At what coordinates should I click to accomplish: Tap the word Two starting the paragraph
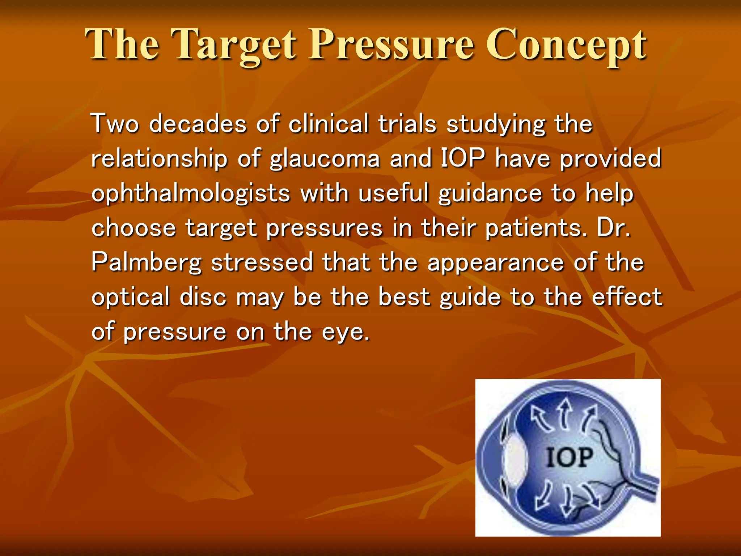pos(115,124)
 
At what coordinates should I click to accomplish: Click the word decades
pos(198,124)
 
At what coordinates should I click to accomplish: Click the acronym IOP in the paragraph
pos(463,159)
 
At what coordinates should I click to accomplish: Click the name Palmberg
pos(147,263)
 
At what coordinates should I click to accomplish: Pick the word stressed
pos(262,262)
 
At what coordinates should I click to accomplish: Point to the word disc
pos(203,297)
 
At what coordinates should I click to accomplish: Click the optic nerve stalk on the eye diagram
pos(644,485)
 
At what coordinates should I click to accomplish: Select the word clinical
pos(328,124)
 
